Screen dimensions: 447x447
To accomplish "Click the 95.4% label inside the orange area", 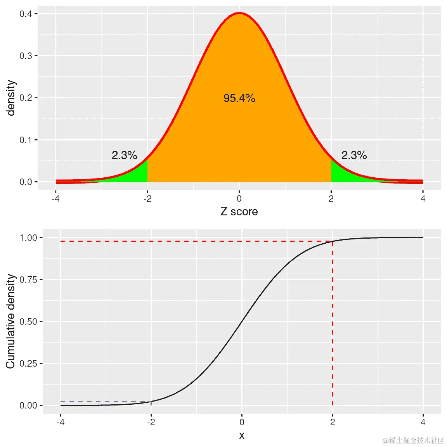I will click(x=239, y=98).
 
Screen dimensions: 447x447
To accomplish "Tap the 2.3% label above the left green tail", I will click(x=124, y=155).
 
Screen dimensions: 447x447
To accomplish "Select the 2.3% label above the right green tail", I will click(x=354, y=155).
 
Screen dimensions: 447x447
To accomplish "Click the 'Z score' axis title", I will click(x=239, y=211).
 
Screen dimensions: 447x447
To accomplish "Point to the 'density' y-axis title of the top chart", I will click(x=11, y=98).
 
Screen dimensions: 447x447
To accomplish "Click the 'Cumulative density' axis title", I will click(x=10, y=321).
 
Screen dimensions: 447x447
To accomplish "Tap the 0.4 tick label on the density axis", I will click(x=26, y=14).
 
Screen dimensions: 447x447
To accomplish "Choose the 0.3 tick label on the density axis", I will click(x=26, y=56).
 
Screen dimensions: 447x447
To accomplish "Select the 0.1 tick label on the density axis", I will click(x=26, y=140).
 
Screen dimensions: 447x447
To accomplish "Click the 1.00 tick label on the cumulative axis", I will click(x=28, y=238).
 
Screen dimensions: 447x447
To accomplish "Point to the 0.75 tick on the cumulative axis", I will click(x=28, y=280).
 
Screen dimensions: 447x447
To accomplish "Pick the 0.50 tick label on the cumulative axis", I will click(x=28, y=322).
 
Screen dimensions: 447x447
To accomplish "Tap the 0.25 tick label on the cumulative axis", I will click(x=28, y=364).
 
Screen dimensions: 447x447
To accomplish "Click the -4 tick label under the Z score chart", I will click(x=56, y=199).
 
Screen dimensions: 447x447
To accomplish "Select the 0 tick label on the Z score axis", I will click(x=239, y=199).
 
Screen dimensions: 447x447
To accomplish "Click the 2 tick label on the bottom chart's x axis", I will click(x=333, y=422).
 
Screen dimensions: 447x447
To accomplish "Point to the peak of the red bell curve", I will click(x=239, y=13).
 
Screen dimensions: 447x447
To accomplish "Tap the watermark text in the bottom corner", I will click(x=413, y=440).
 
